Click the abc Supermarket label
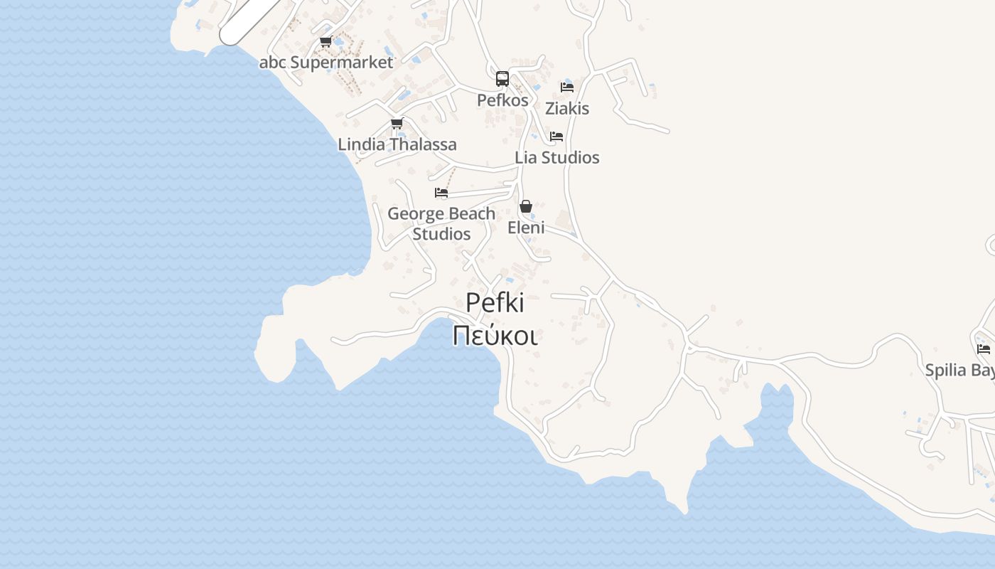[326, 63]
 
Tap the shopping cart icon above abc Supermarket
[326, 42]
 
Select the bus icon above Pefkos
[502, 79]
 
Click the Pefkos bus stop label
[502, 100]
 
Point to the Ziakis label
[567, 109]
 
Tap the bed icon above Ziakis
[567, 87]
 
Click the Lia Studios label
[557, 158]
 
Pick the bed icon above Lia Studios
[556, 137]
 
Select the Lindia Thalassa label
[397, 144]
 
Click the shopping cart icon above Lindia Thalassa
[397, 124]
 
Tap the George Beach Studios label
[441, 223]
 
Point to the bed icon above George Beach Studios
[441, 193]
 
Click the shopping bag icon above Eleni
[526, 207]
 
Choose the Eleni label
[526, 228]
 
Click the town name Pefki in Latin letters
[495, 303]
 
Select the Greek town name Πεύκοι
[495, 335]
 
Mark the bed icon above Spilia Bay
[984, 349]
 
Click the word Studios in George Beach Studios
[441, 234]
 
